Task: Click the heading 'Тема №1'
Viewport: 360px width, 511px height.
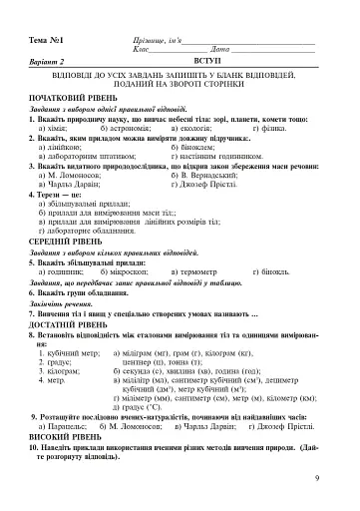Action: point(47,39)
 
